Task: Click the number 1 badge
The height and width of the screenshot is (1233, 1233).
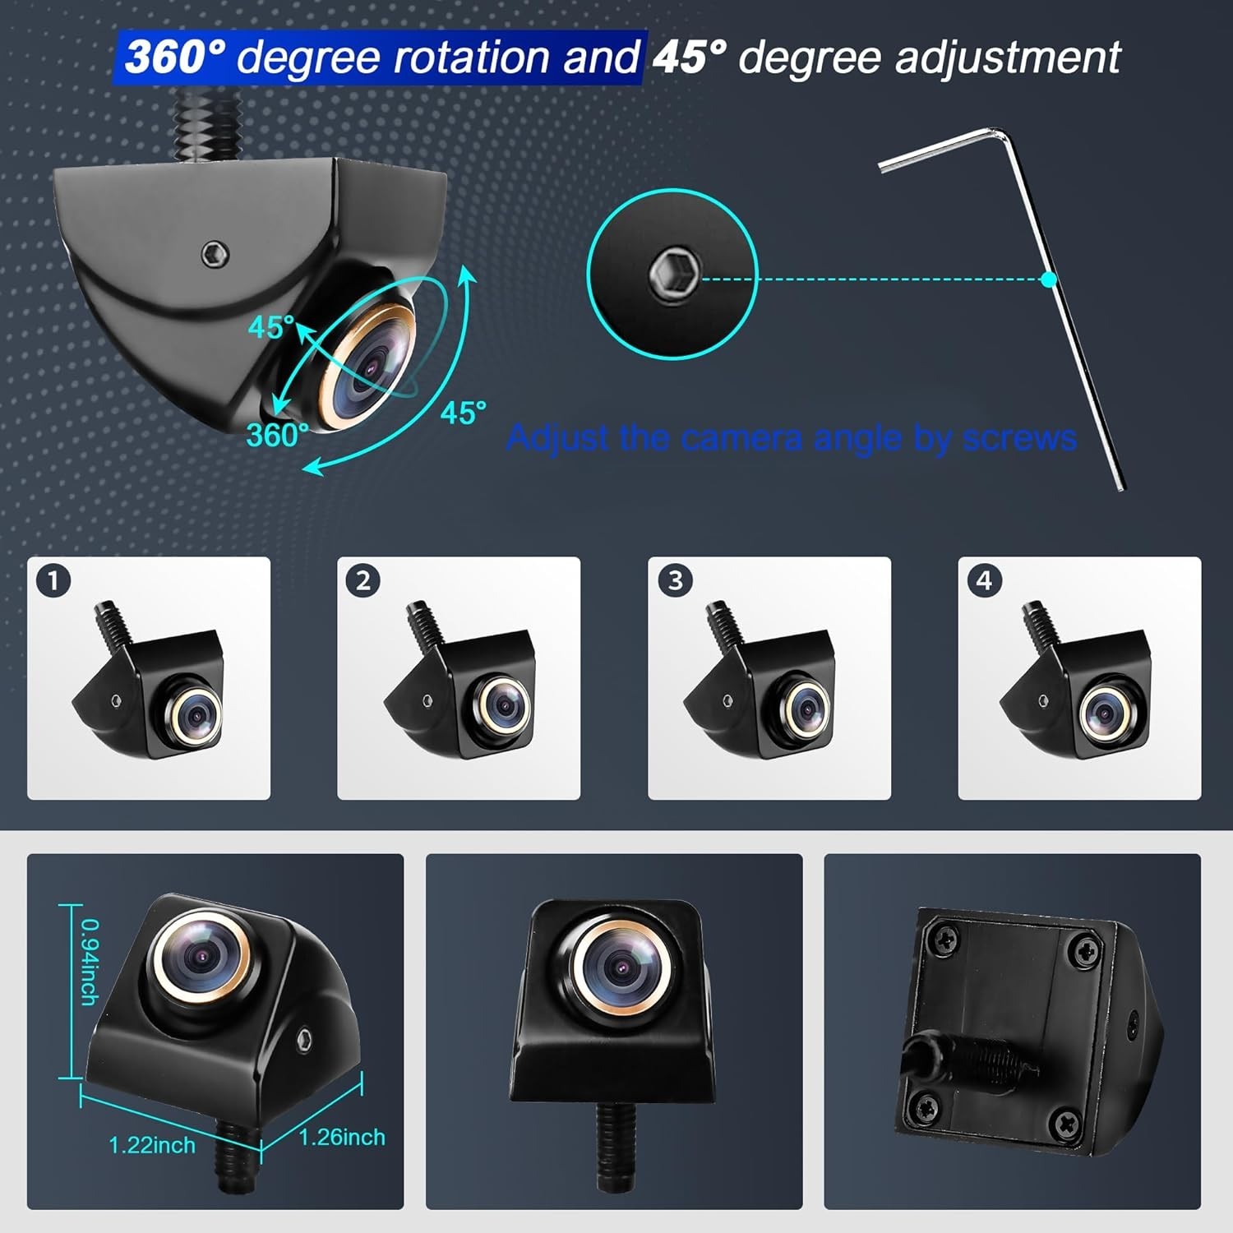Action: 53,582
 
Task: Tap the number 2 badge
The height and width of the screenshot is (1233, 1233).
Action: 363,582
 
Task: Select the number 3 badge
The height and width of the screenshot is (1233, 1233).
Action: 675,581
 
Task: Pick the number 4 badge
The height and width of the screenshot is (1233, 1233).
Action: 984,581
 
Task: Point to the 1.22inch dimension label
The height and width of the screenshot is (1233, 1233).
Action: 152,1145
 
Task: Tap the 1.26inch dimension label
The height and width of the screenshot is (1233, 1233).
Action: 342,1138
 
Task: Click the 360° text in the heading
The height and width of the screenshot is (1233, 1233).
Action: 175,57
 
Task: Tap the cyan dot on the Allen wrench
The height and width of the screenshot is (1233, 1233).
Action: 1048,279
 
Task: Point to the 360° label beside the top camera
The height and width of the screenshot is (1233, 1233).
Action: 278,435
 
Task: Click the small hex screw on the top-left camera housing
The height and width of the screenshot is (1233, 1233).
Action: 215,254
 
